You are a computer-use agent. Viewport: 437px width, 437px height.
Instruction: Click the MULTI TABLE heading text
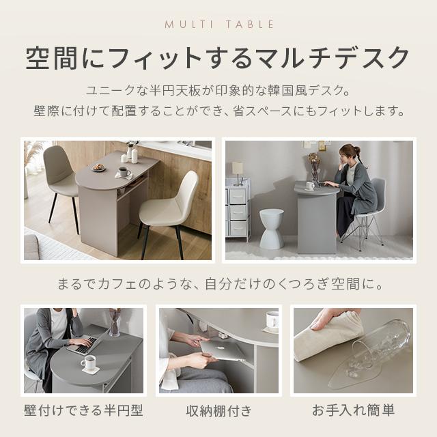[218, 25]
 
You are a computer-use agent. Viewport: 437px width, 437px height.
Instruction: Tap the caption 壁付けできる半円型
[83, 410]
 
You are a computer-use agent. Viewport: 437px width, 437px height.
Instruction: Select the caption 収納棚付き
[218, 411]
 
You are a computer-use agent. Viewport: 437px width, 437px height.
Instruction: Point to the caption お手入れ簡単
[353, 410]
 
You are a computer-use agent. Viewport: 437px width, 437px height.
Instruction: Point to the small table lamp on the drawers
[238, 170]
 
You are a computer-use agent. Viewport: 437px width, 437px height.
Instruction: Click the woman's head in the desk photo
[350, 154]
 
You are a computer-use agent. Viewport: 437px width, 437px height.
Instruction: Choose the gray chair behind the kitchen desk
[60, 174]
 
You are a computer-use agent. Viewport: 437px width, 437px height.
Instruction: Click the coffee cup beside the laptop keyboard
[89, 363]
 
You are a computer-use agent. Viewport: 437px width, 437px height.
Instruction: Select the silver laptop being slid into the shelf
[223, 350]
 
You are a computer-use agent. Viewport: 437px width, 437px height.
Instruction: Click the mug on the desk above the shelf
[272, 319]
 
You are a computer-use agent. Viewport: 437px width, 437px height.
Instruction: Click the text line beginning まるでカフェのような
[218, 283]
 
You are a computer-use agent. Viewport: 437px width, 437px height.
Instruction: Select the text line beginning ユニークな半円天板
[218, 90]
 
